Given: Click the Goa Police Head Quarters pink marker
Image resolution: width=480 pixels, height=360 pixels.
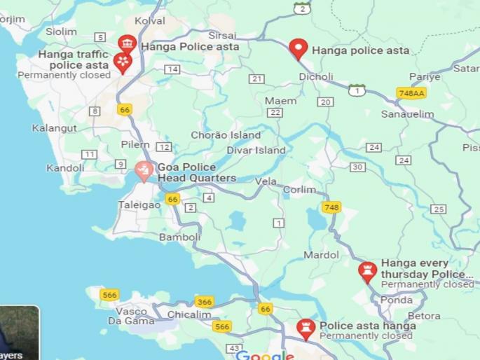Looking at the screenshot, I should (x=144, y=170).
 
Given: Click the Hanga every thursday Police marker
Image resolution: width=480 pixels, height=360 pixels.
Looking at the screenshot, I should (x=367, y=271).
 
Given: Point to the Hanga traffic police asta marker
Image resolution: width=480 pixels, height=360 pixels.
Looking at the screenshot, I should (x=123, y=63).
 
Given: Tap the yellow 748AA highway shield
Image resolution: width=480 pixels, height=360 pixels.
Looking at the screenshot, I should (x=411, y=93).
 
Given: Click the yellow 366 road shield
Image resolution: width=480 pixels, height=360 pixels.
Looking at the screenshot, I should (x=204, y=302).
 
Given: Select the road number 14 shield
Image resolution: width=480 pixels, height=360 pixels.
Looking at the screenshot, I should (x=172, y=69).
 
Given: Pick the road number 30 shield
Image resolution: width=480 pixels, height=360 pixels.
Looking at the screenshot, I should (x=357, y=167).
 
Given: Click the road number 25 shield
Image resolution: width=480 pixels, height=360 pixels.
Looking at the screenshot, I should (x=439, y=209).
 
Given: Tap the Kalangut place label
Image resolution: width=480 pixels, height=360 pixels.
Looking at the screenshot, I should (x=54, y=128).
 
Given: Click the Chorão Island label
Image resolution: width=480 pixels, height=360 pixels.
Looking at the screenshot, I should (x=226, y=134).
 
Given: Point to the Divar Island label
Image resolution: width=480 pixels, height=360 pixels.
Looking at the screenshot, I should (x=256, y=150).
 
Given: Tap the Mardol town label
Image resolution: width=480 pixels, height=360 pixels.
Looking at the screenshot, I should (x=322, y=255).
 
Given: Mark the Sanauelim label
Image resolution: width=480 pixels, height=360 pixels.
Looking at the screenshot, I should (x=407, y=113).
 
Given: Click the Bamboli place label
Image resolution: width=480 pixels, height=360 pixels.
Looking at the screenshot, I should (x=179, y=237).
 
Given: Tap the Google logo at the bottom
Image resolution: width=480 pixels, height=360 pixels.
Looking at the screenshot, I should (x=265, y=355).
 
